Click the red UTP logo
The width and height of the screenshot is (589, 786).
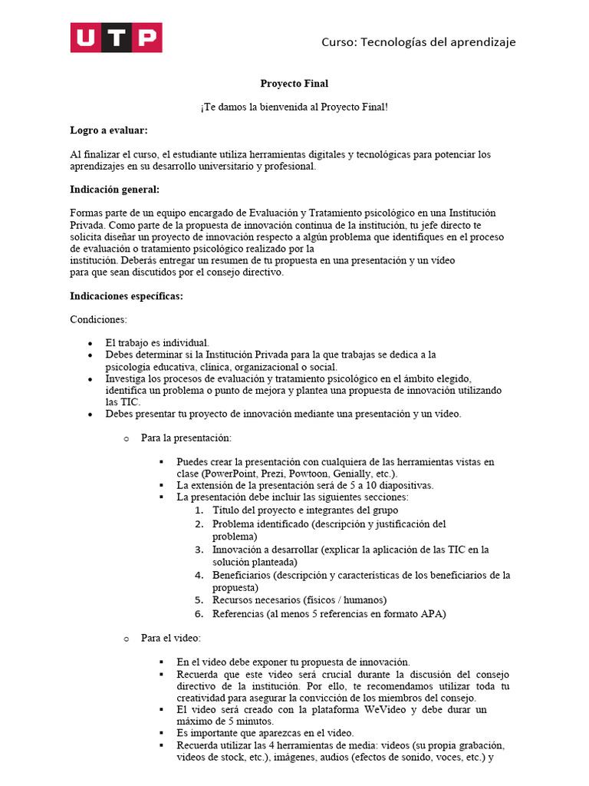tap(116, 38)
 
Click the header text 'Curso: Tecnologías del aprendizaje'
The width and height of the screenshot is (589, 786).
tap(418, 41)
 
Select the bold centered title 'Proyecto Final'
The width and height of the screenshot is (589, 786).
tap(294, 84)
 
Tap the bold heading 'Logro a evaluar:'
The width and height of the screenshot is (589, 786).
tap(109, 131)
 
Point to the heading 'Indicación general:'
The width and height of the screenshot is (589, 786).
tap(115, 190)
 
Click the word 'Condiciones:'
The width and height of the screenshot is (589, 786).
tap(99, 319)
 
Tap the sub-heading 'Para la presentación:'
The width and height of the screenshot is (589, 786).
tap(186, 438)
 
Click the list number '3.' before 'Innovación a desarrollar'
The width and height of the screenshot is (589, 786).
tap(198, 550)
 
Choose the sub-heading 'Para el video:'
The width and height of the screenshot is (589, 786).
tap(170, 638)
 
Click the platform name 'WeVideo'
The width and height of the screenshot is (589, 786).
tap(393, 710)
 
